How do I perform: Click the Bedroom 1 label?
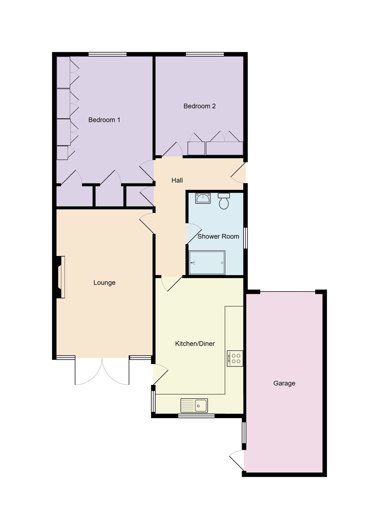coord(104,120)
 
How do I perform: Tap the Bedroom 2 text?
coord(199,106)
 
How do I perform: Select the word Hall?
coord(177,180)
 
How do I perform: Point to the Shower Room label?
coord(218,236)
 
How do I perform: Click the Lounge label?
coord(104,283)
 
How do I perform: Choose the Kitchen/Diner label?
coord(195,344)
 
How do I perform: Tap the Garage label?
coord(284,383)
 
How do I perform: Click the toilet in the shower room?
coord(224,201)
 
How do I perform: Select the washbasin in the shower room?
coord(203,198)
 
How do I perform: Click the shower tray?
coord(207,263)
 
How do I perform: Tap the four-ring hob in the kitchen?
coord(235,359)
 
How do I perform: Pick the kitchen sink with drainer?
coord(194,406)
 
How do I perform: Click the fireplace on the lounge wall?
coord(61,277)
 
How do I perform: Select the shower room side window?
coord(246,238)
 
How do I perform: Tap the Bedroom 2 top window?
coord(205,54)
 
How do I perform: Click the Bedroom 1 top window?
coord(107,54)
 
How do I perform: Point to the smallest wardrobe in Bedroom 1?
coord(62,153)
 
